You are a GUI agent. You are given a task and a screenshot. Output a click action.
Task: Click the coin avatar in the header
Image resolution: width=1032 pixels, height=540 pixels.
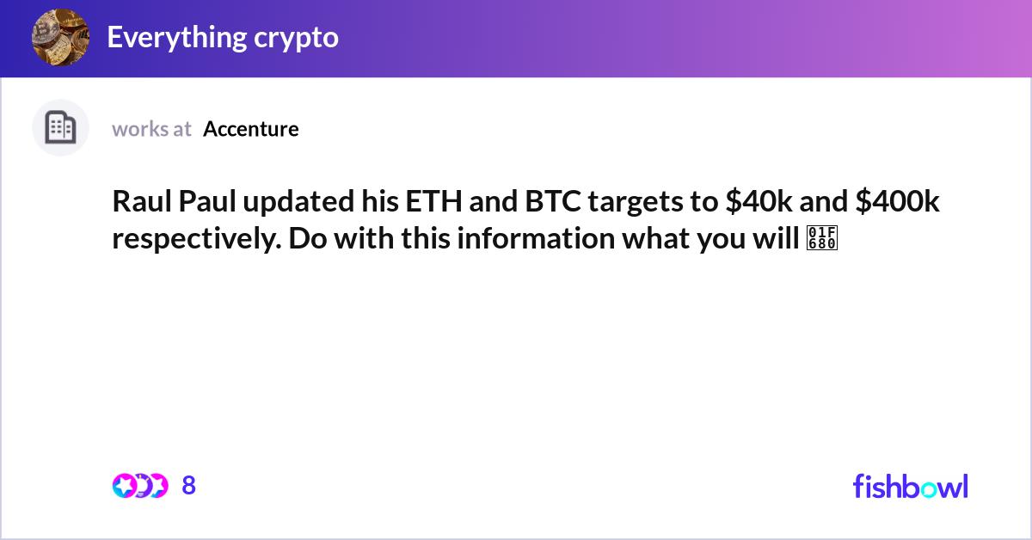tap(60, 37)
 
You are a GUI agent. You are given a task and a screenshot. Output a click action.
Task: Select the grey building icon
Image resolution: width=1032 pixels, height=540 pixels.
tap(60, 128)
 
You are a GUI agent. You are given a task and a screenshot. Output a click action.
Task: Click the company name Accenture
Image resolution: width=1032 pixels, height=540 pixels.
tap(251, 129)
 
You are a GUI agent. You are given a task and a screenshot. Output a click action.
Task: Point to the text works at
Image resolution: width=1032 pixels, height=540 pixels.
tap(151, 129)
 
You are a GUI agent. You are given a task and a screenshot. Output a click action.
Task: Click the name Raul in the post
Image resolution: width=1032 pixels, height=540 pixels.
tap(142, 202)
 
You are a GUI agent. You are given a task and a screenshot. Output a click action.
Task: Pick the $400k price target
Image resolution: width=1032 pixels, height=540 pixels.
tap(898, 202)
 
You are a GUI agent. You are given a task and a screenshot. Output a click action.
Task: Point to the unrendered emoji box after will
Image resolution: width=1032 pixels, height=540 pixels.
tap(821, 239)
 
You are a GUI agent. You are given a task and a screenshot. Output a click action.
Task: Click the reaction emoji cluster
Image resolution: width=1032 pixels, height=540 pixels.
tap(139, 486)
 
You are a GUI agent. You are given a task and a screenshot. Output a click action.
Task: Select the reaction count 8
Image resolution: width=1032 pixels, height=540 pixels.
tap(189, 486)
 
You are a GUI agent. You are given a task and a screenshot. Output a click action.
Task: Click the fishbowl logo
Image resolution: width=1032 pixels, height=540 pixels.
tap(910, 486)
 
